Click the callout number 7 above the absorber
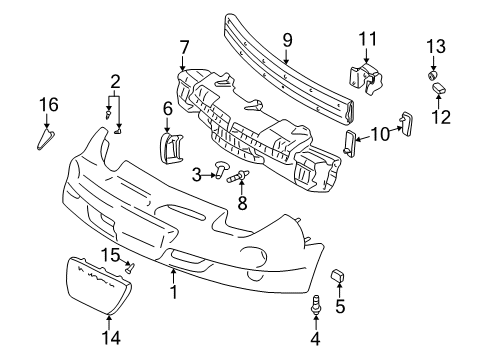tap(183, 47)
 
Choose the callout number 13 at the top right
tap(436, 48)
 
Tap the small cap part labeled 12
tap(437, 91)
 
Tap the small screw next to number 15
tap(130, 268)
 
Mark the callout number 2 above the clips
tap(116, 82)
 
